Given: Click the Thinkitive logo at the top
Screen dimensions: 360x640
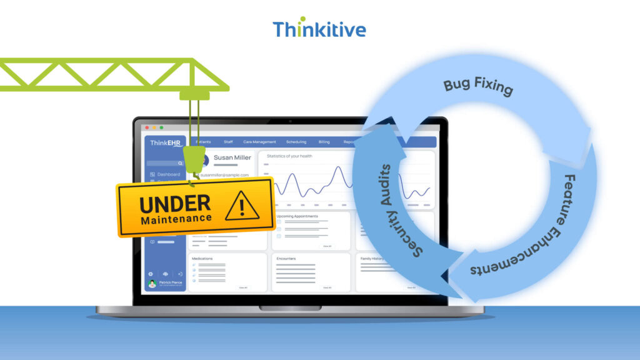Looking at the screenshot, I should click(319, 28).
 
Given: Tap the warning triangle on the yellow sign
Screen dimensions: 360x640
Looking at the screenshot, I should click(242, 205).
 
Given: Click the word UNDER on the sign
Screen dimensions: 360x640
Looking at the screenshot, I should click(175, 204).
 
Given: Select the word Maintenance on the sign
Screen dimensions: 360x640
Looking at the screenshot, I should click(176, 219).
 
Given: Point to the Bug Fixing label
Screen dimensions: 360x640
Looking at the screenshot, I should click(478, 87).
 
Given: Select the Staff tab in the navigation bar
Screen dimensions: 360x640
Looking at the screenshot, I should click(228, 142).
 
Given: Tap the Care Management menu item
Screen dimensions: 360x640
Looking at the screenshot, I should click(259, 142).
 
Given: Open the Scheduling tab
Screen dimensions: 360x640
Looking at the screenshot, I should click(296, 142).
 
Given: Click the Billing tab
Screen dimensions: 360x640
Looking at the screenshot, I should click(324, 142).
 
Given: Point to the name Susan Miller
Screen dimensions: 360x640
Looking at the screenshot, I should click(232, 157).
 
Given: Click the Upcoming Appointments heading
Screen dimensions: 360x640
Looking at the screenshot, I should click(297, 216).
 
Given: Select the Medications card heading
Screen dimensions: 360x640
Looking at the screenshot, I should click(202, 258).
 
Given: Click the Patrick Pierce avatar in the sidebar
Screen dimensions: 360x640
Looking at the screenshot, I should click(152, 284).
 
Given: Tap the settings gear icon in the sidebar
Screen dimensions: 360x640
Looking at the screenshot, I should click(151, 274).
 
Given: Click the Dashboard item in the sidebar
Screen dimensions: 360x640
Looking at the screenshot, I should click(168, 174).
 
